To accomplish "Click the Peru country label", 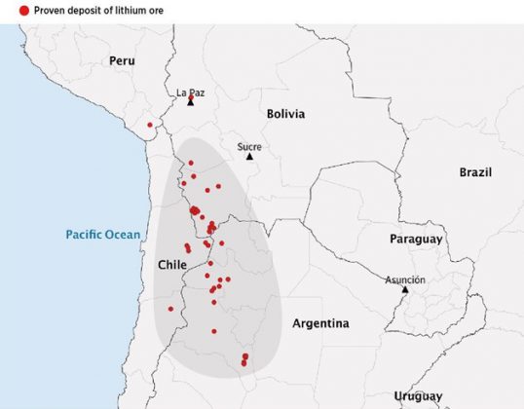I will (x=122, y=60).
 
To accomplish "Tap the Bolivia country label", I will (x=285, y=114).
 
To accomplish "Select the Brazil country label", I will (x=476, y=172).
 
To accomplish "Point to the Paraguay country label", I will (x=416, y=239).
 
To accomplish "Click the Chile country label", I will (x=171, y=265).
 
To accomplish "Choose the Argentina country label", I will (x=321, y=323).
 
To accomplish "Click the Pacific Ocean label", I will (x=103, y=235).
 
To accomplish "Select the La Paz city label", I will (x=190, y=93).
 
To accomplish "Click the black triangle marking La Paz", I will (x=191, y=101).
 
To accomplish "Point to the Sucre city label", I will (x=249, y=146).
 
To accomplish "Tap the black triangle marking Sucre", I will (x=249, y=156).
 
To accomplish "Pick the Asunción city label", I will (x=405, y=279).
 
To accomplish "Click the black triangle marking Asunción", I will (x=405, y=289).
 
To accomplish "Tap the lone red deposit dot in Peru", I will (x=150, y=125).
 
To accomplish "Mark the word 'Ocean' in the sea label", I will (x=123, y=235).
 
